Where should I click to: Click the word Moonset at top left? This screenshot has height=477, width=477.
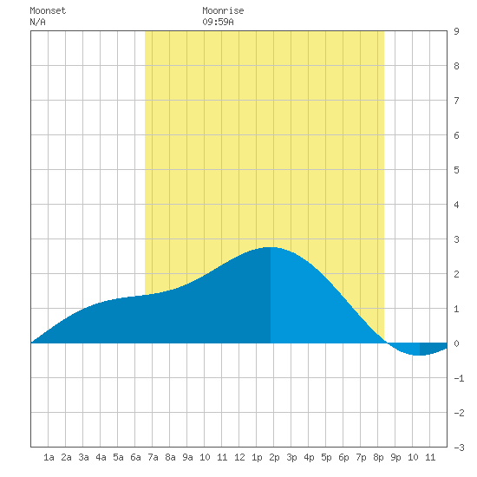[48, 10]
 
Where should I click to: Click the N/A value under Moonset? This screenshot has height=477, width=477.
[37, 22]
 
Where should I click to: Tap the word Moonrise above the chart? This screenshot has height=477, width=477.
[223, 10]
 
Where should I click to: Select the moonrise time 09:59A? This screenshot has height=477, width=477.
[218, 22]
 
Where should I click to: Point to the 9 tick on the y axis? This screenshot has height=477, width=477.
[456, 31]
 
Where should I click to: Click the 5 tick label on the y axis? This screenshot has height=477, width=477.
[456, 170]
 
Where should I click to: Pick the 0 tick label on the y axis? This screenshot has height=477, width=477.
[456, 343]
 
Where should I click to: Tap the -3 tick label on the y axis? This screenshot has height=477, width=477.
[459, 448]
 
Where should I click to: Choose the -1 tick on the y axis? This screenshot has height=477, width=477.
[459, 378]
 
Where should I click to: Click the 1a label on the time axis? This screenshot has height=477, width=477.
[49, 457]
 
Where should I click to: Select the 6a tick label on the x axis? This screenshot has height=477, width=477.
[135, 457]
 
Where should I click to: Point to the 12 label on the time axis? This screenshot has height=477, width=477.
[239, 457]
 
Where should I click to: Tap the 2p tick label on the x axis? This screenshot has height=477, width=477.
[274, 457]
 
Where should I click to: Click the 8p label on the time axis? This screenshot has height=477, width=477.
[378, 457]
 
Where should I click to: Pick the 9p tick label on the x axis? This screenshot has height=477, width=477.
[395, 457]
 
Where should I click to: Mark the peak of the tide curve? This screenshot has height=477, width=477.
[271, 247]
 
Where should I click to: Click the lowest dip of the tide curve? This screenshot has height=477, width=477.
[420, 355]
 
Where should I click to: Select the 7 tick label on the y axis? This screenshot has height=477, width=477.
[456, 101]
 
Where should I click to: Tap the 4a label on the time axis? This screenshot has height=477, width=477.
[101, 457]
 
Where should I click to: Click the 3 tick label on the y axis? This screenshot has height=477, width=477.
[456, 239]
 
